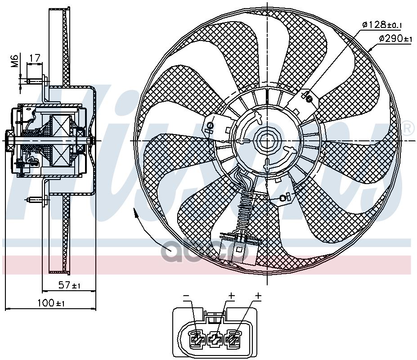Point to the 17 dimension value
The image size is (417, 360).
pos(35,58)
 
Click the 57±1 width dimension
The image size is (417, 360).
pos(69,285)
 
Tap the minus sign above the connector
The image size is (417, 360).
pos(185,296)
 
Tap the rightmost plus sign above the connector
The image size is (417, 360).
pos(258,296)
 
